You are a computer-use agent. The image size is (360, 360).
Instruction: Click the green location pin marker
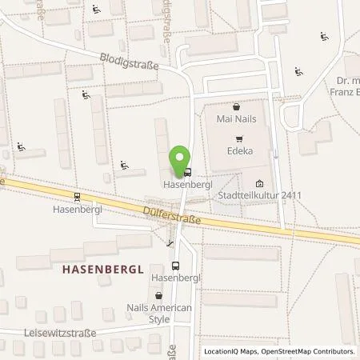pyautogui.click(x=181, y=158)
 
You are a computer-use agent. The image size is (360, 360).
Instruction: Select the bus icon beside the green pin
pyautogui.click(x=187, y=170)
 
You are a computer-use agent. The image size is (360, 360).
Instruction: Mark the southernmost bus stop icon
pyautogui.click(x=175, y=264)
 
